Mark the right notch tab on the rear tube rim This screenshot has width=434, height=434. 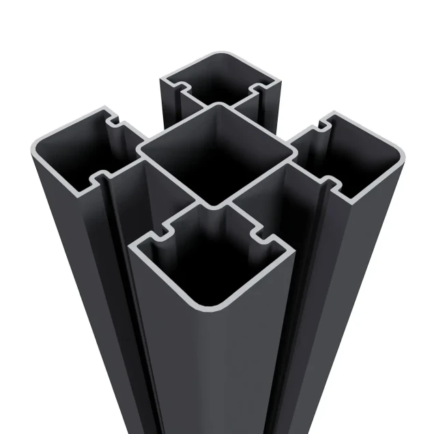(259, 89)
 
